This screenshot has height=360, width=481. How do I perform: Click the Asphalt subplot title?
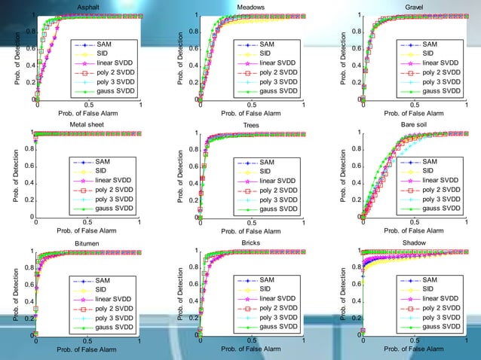pos(87,7)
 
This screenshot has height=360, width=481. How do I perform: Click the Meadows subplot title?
pos(250,7)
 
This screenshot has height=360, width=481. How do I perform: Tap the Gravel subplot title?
pos(414,7)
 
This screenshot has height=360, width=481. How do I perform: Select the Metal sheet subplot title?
pos(87,124)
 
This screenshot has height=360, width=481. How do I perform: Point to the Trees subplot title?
pos(251,125)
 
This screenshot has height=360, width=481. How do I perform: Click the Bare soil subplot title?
pos(414,124)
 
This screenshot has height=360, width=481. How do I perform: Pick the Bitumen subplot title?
pos(87,243)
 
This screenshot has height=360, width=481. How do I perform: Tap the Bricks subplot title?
pos(250,243)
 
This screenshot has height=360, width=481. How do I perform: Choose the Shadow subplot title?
pos(414,243)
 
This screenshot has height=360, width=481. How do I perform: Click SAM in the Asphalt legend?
pos(106,44)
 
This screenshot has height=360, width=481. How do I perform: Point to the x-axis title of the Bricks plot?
pos(250,348)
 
